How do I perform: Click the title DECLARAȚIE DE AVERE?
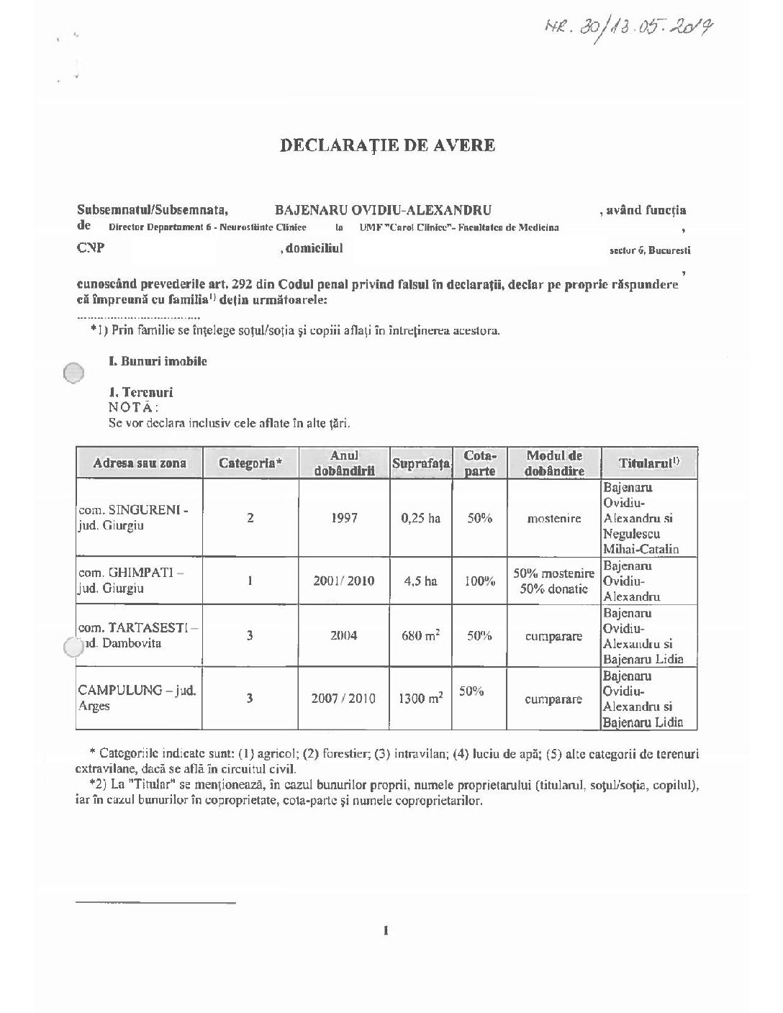pos(387,145)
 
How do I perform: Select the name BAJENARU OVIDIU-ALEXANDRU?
pos(383,210)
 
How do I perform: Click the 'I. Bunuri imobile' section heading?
pos(158,361)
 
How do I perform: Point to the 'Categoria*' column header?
pos(250,463)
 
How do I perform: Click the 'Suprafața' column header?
pos(421,464)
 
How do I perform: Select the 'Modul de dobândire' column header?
pos(554,463)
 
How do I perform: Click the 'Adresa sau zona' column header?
pos(140,463)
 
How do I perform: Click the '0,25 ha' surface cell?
pos(421,518)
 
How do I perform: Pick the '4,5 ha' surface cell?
pos(421,581)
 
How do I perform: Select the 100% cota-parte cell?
pos(479,581)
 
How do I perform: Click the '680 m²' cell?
pos(421,636)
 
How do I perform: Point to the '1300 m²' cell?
pos(421,698)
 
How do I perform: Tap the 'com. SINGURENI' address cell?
pos(133,518)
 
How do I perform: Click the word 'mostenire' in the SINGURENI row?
pos(554,518)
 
